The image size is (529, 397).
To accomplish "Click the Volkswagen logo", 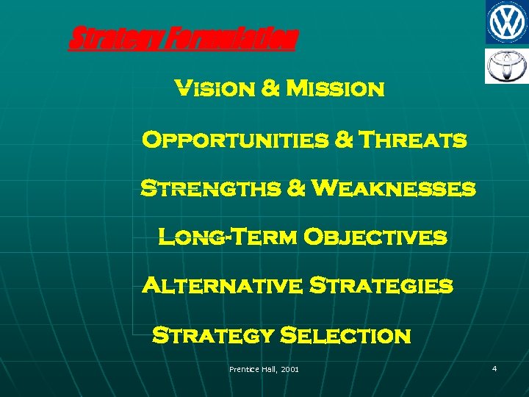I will [x=506, y=22].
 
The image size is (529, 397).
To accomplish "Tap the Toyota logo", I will [x=506, y=66].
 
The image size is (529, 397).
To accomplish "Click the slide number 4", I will [x=494, y=368].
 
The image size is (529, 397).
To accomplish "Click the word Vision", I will [x=213, y=90].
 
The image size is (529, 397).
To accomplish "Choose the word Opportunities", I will [x=234, y=140].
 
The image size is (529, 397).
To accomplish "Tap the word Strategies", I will [x=381, y=285].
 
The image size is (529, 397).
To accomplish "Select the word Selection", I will [x=346, y=336].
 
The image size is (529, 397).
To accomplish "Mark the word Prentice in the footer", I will [x=245, y=368].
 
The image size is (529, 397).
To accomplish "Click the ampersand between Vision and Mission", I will [x=270, y=90].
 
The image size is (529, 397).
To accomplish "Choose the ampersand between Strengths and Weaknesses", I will [x=297, y=189].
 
